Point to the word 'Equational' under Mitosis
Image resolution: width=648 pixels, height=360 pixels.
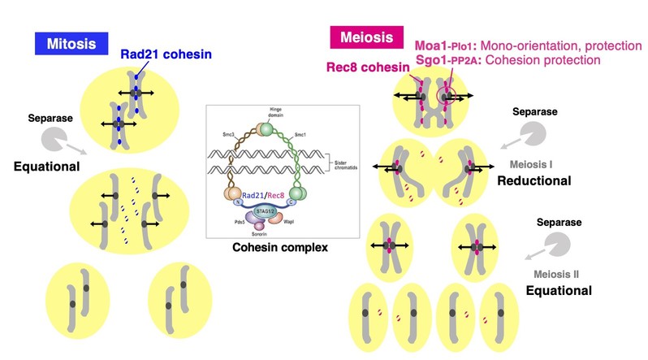(46, 167)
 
